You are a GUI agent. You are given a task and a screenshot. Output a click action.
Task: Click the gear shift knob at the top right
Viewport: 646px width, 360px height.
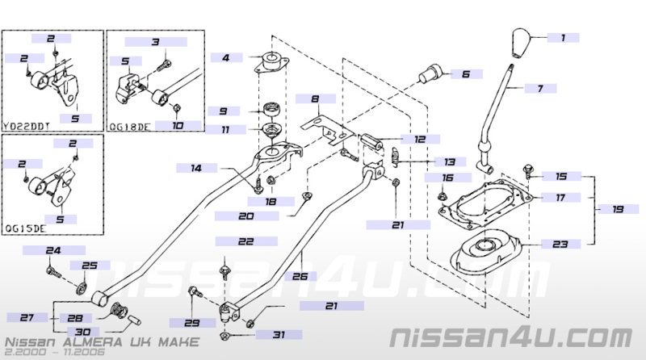[521, 43]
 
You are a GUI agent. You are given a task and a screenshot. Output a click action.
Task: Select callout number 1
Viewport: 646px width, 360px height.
[563, 38]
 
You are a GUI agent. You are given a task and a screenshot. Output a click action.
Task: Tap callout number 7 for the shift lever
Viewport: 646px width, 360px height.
[540, 88]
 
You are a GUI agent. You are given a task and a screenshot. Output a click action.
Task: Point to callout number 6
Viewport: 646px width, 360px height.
[466, 74]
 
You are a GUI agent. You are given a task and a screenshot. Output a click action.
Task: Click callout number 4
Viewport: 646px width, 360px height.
[226, 57]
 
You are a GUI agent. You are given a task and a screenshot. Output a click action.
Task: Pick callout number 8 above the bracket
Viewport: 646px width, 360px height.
[315, 98]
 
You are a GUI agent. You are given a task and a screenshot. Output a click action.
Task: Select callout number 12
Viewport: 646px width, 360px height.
[420, 139]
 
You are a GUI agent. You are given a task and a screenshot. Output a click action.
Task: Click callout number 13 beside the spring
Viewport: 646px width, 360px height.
[450, 162]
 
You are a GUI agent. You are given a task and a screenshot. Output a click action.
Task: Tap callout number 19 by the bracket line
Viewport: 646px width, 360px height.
[618, 209]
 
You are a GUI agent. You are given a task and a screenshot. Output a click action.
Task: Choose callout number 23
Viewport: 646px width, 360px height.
[560, 245]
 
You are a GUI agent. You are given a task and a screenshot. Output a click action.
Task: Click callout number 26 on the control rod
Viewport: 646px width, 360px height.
[300, 276]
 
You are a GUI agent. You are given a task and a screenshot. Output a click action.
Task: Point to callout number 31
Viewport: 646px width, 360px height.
[279, 334]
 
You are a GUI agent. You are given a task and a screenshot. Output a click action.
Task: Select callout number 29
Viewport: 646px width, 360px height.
[192, 323]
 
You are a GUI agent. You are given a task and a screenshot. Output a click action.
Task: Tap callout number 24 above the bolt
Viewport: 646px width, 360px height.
[53, 250]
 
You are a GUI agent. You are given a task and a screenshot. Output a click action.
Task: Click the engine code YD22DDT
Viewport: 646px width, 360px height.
[27, 126]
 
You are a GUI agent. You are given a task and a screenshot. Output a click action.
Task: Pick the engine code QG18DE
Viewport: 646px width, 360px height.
[129, 126]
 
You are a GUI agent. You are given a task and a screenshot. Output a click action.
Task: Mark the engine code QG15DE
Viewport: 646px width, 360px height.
[25, 228]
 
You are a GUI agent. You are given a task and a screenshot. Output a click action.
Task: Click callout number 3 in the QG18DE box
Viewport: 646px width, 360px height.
[155, 42]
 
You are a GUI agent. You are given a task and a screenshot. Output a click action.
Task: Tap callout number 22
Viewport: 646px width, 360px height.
[246, 241]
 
